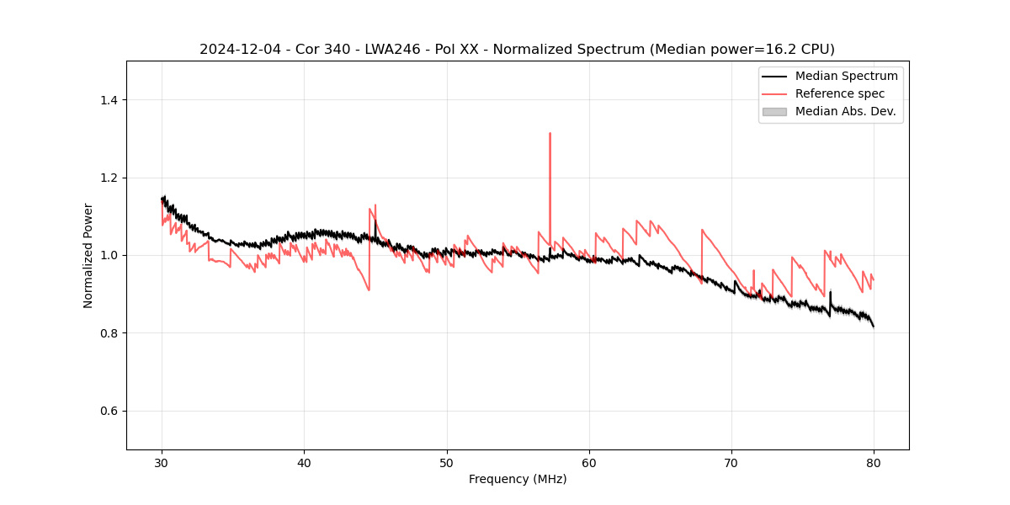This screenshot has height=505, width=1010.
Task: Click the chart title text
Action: tap(517, 50)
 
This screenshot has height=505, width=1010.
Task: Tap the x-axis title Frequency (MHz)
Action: tap(518, 479)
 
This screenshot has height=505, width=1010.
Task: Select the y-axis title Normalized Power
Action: tap(88, 255)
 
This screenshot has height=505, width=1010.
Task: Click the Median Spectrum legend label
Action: tap(846, 76)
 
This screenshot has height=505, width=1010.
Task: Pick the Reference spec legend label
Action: tap(840, 93)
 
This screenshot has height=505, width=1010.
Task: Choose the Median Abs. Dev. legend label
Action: tap(845, 111)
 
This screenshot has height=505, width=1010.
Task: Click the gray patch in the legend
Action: tap(774, 111)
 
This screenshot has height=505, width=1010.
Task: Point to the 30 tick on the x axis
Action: tap(162, 462)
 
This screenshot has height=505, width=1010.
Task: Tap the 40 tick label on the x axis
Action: tap(305, 462)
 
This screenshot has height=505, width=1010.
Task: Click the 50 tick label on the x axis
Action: tap(447, 462)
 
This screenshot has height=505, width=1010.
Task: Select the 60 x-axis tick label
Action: tap(589, 462)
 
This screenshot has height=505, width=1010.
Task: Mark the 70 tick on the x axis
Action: tap(731, 462)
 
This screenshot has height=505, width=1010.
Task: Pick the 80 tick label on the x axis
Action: tap(874, 462)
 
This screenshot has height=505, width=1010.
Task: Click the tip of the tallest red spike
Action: tap(550, 133)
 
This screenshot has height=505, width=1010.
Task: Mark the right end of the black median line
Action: tap(874, 327)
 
